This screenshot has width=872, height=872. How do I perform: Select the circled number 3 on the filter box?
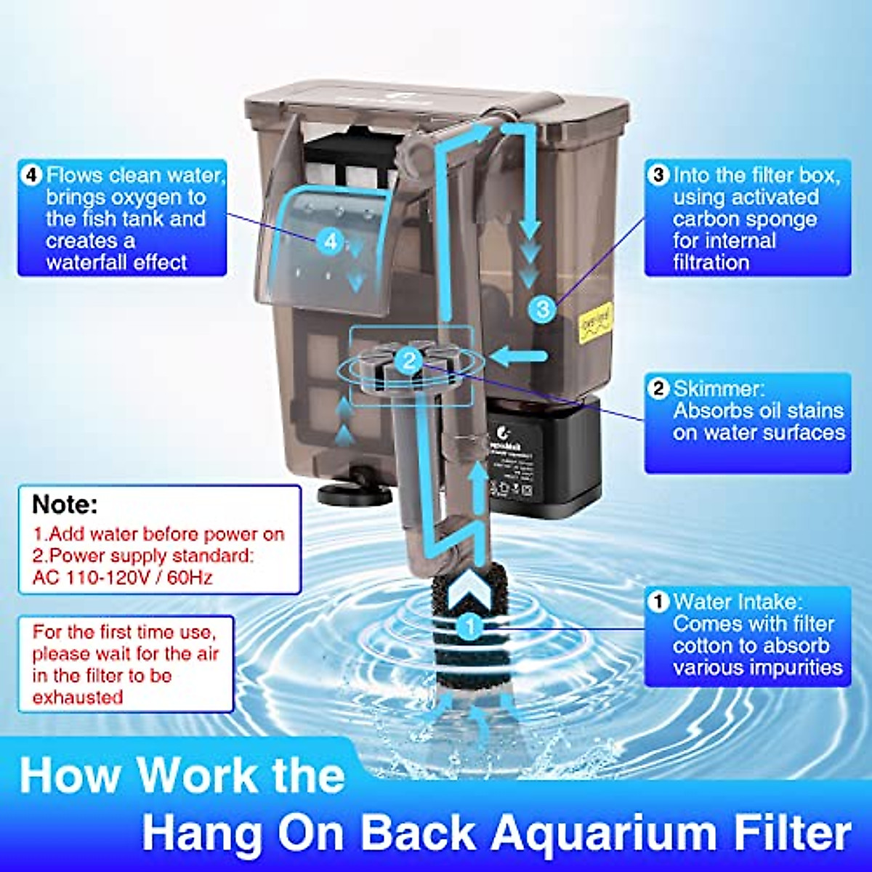pyautogui.click(x=543, y=309)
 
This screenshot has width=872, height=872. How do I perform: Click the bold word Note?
pyautogui.click(x=65, y=504)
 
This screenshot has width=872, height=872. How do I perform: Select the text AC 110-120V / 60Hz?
pyautogui.click(x=123, y=578)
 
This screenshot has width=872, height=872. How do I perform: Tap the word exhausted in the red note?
pyautogui.click(x=78, y=697)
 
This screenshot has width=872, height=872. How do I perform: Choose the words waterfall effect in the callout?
pyautogui.click(x=117, y=262)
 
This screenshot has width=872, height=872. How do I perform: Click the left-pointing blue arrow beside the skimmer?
pyautogui.click(x=519, y=355)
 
